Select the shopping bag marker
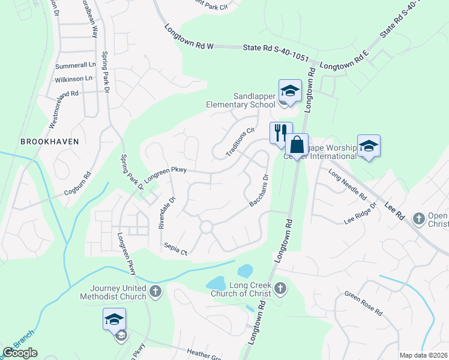click(x=297, y=144)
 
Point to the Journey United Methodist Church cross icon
click(x=155, y=292)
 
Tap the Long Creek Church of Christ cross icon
click(x=280, y=289)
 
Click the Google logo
click(x=20, y=353)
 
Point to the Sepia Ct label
click(x=176, y=250)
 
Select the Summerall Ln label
click(x=76, y=65)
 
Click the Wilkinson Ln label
click(x=73, y=79)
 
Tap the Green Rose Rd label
click(x=363, y=304)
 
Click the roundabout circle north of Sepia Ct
click(x=206, y=227)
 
